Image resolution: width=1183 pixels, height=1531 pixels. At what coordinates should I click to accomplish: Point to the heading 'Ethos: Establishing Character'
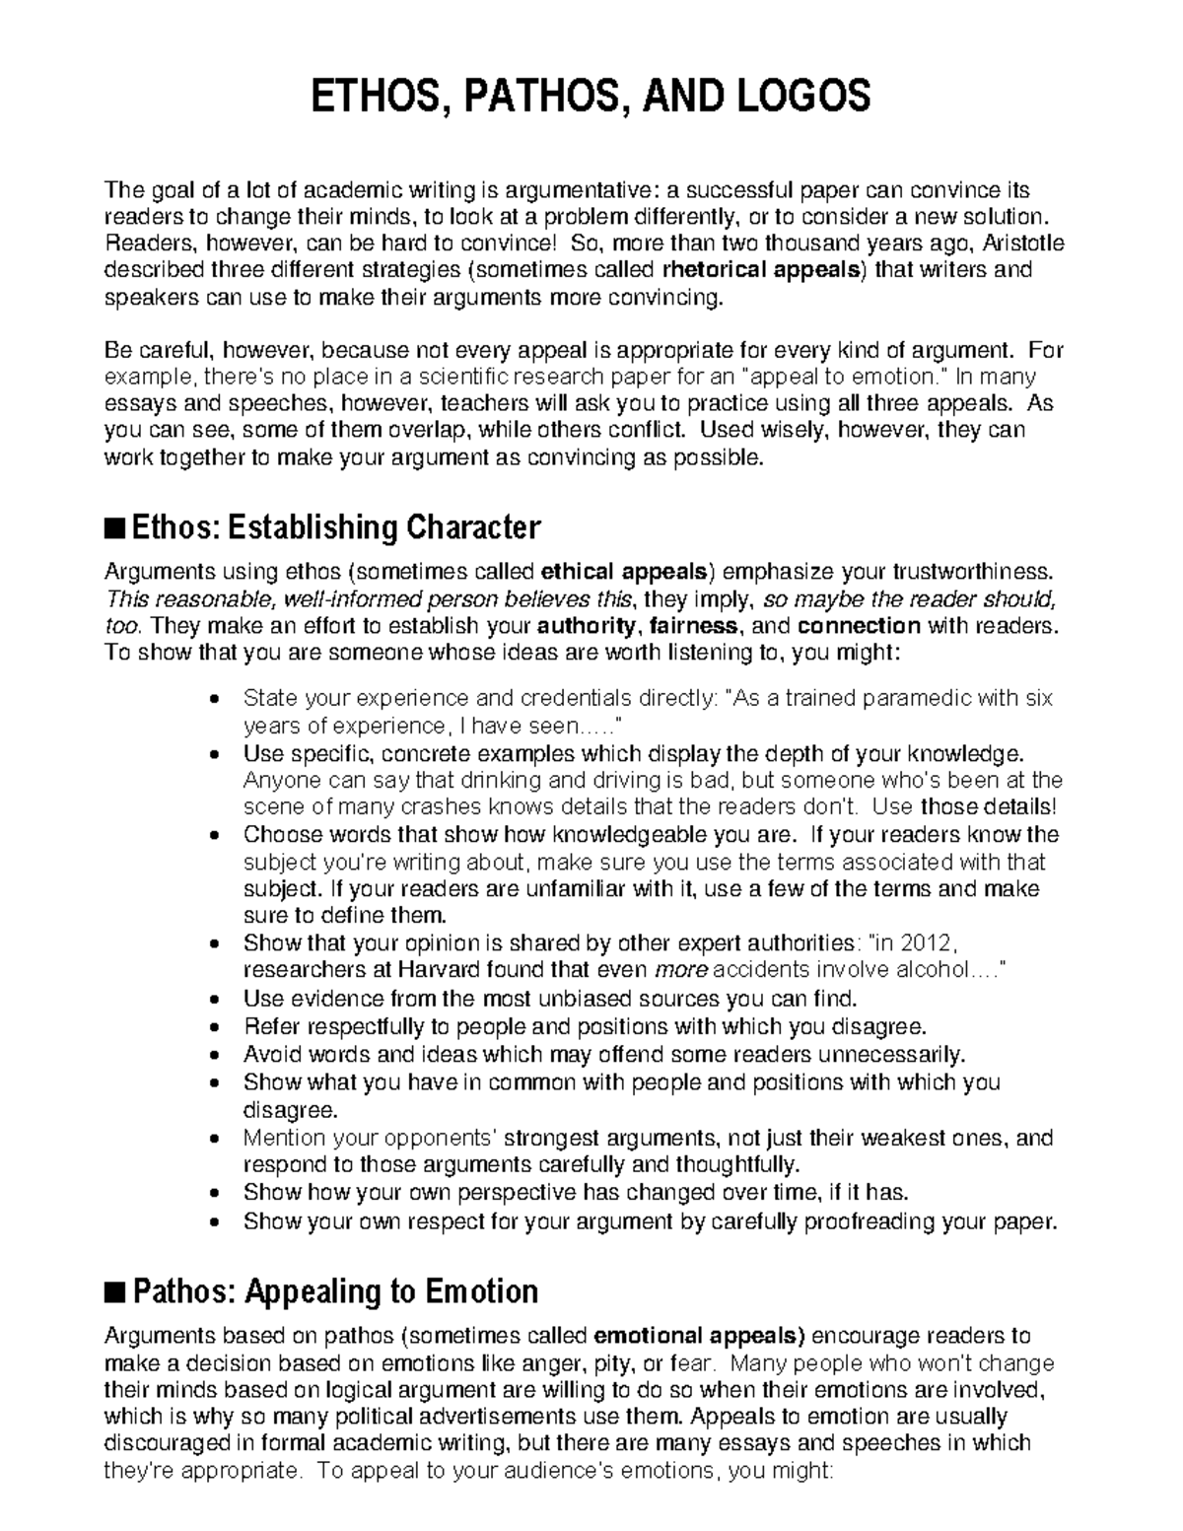coord(335,527)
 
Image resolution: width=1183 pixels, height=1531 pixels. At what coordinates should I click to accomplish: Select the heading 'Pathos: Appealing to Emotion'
coord(335,1291)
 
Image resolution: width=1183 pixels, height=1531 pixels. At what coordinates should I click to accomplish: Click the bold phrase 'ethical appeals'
coord(625,572)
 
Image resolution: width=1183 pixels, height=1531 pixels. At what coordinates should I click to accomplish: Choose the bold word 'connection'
coord(858,626)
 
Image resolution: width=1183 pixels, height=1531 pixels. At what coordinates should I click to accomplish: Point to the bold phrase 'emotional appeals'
coord(700,1337)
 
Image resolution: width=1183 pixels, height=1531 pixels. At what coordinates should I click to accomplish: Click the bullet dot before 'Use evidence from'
coord(216,999)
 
